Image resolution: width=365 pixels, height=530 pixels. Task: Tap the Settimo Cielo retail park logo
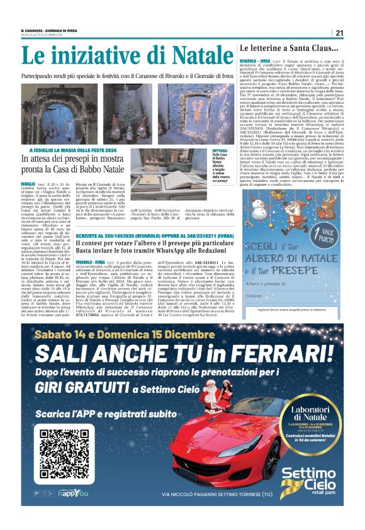[312, 482]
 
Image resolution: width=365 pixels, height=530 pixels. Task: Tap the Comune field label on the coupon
[271, 295]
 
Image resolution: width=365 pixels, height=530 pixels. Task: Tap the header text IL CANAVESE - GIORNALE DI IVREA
[54, 31]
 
